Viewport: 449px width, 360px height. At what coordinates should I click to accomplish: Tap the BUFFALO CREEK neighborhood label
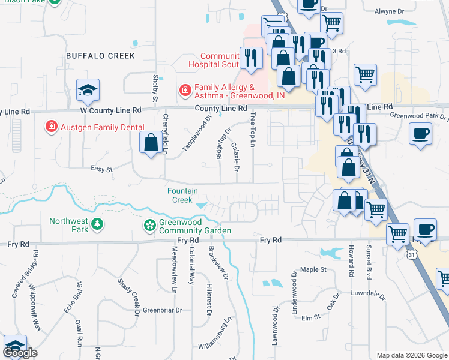pyautogui.click(x=100, y=55)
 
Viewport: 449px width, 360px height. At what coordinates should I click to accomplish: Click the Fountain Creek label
pyautogui.click(x=182, y=195)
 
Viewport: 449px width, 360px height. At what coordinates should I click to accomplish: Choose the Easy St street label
pyautogui.click(x=101, y=170)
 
